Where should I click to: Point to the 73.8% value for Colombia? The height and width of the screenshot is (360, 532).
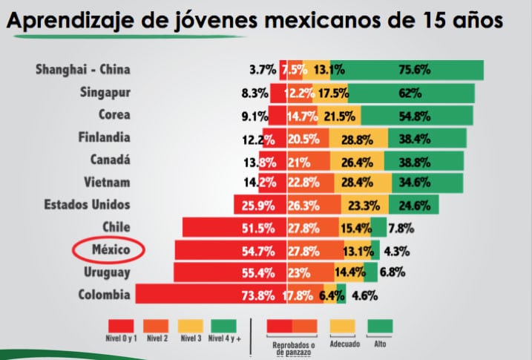point(253,295)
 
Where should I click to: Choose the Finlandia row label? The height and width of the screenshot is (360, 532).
point(104,138)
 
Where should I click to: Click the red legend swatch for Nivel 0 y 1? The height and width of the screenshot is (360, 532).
point(121,327)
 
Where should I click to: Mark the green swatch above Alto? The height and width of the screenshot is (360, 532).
point(381,327)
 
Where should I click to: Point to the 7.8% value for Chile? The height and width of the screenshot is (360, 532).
point(401,227)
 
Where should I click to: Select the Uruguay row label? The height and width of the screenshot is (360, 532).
point(107,272)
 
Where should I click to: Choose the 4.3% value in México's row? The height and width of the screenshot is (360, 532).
point(398,250)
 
